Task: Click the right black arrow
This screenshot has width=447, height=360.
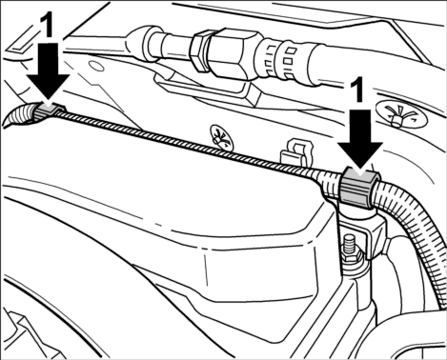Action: click(360, 140)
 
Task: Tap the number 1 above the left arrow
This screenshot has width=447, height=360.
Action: click(48, 26)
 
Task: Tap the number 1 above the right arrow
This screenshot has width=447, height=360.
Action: click(357, 90)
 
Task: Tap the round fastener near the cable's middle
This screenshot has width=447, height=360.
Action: click(221, 137)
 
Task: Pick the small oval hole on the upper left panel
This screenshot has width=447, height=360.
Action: click(97, 67)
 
